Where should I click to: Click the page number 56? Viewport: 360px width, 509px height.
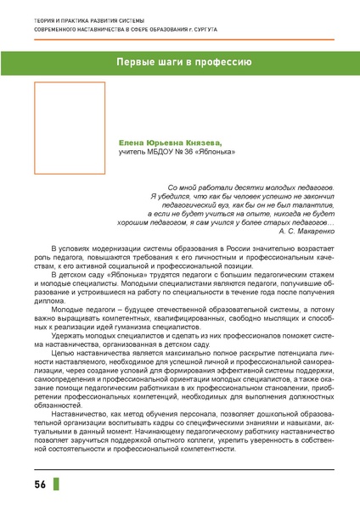[40, 485]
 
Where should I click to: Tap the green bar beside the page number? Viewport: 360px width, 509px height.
[56, 485]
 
